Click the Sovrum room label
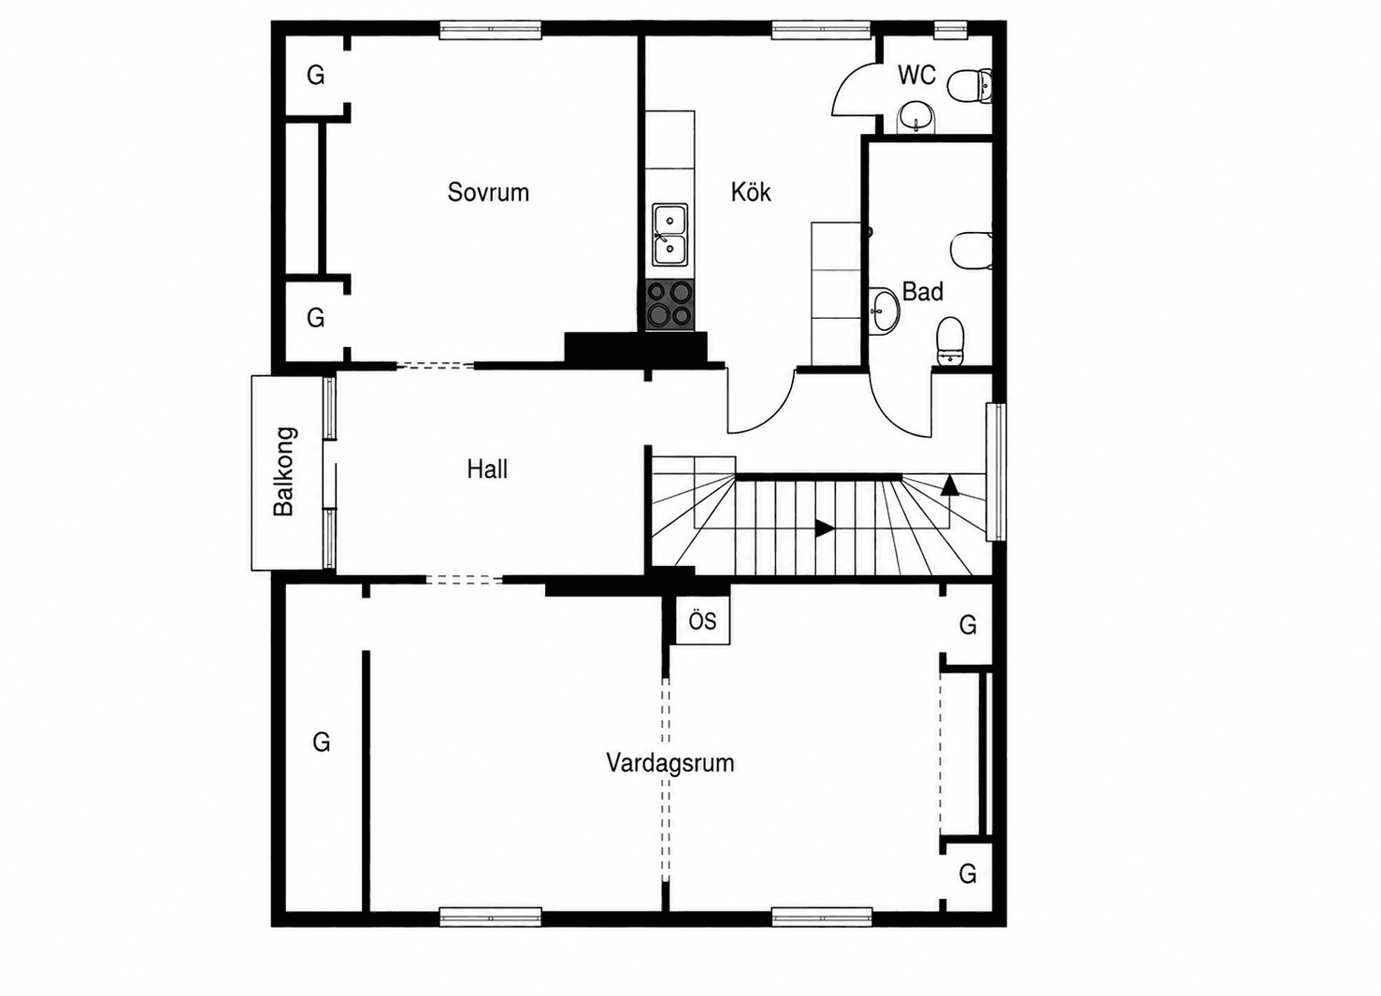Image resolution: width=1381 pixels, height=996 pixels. (488, 193)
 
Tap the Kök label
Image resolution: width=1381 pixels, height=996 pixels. (751, 192)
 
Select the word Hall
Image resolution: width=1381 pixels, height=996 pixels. (487, 469)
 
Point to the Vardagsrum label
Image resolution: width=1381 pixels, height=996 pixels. (670, 763)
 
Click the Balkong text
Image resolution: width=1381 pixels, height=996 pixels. (284, 471)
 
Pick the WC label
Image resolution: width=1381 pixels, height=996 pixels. (916, 75)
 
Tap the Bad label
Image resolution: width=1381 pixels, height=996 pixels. (922, 292)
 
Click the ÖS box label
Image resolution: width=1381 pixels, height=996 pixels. (703, 621)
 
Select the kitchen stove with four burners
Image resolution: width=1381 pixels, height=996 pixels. (669, 305)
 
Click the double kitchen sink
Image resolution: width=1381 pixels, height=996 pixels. (670, 235)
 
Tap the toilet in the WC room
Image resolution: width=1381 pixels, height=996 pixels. (970, 86)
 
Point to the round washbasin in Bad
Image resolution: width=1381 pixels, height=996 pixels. (885, 311)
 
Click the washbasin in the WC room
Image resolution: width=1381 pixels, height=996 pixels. (916, 118)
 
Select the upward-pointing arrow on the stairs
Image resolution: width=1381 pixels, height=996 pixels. (950, 484)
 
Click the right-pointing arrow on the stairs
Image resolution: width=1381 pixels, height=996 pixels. (825, 528)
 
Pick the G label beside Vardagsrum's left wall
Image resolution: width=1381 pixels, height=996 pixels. (322, 742)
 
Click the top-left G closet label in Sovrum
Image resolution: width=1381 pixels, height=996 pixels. (316, 75)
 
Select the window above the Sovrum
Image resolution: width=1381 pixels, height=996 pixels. (490, 31)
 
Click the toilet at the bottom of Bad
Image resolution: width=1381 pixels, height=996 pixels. (949, 340)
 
